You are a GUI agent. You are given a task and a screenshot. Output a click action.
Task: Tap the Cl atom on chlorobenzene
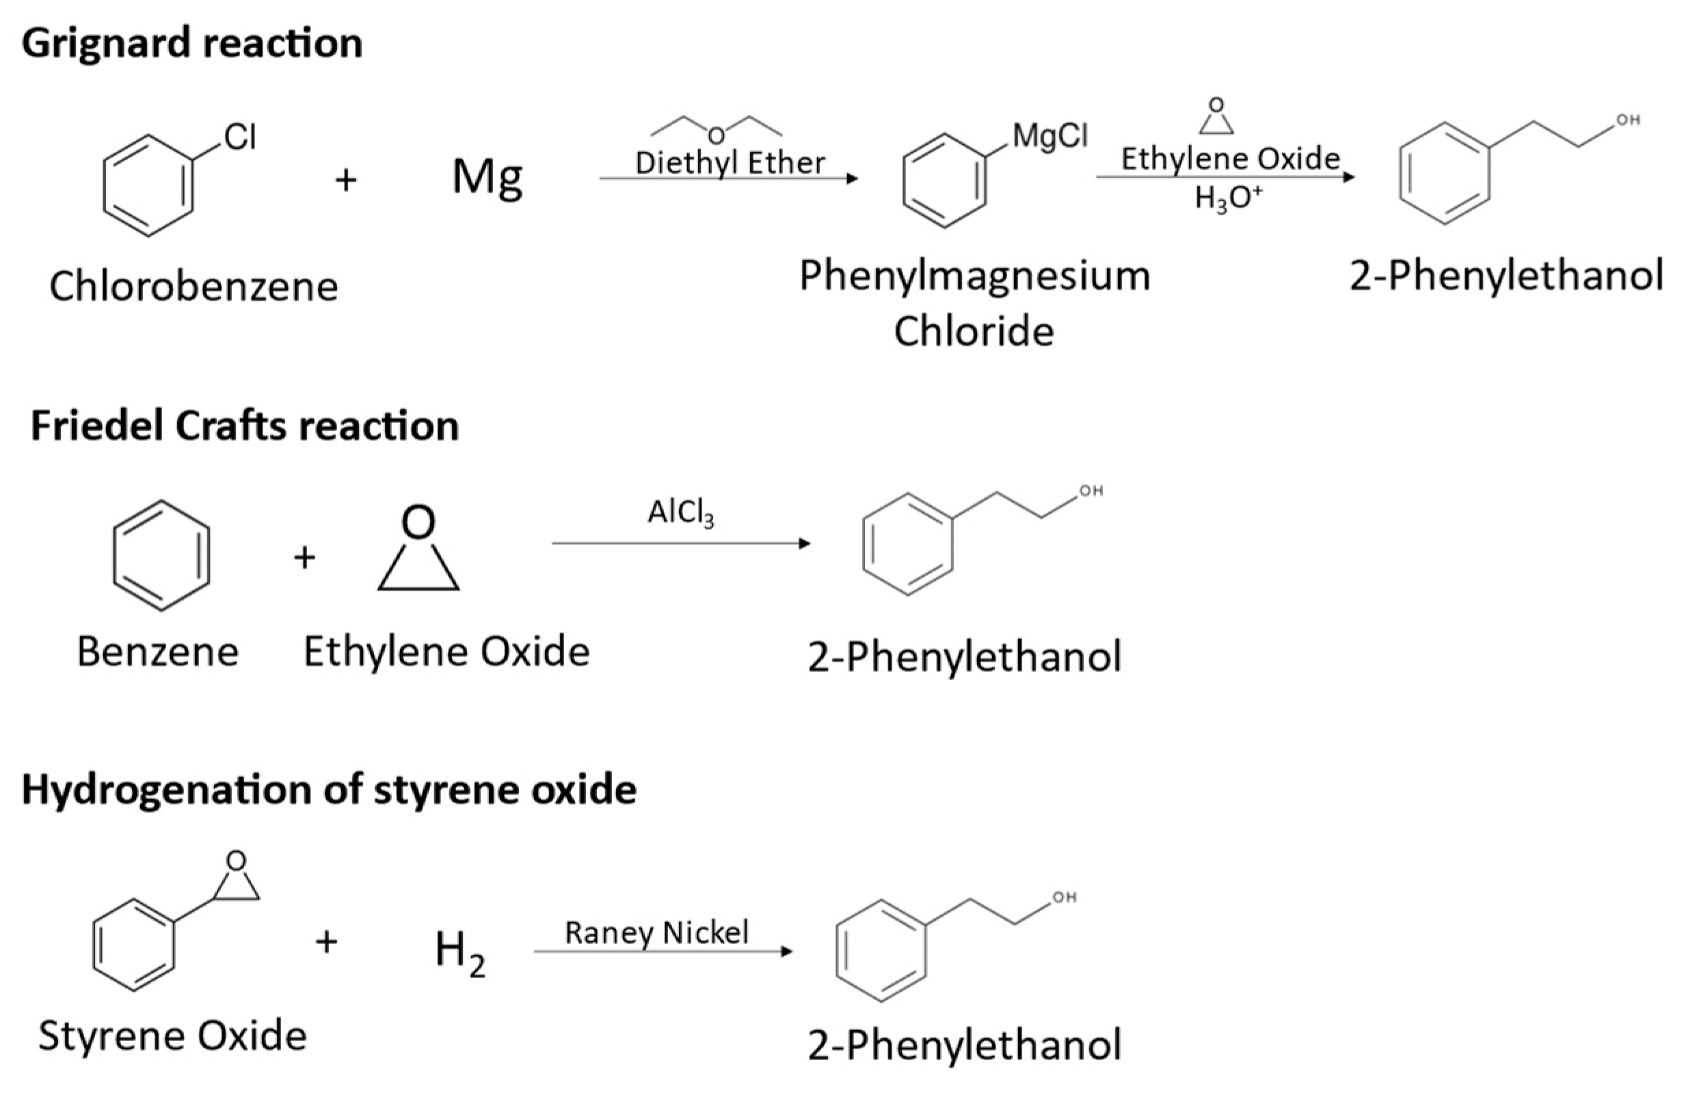tap(240, 137)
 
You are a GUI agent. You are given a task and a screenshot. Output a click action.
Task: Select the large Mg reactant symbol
tap(487, 177)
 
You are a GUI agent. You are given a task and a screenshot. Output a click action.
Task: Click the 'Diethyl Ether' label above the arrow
tap(730, 163)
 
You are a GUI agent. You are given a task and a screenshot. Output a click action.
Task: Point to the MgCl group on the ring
tap(1050, 135)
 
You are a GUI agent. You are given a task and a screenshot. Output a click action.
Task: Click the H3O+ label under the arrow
tap(1229, 198)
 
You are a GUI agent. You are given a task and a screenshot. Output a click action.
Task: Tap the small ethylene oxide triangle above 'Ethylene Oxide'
tap(1216, 118)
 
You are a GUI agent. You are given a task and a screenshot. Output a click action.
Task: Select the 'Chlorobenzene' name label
tap(193, 287)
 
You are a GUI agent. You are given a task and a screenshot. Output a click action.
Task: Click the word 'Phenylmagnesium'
tap(975, 276)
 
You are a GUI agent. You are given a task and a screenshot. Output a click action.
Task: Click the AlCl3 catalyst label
tap(681, 513)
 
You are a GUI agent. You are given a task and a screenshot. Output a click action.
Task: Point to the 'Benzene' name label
tap(157, 651)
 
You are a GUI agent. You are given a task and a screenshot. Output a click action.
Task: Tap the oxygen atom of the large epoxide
tap(418, 522)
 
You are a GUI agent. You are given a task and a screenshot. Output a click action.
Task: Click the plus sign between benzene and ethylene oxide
tap(305, 558)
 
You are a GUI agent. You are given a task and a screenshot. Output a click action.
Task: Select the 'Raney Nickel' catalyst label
tap(656, 932)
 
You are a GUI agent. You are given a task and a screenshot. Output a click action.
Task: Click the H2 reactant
tap(459, 952)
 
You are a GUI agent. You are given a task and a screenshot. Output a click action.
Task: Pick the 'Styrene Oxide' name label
tap(173, 1036)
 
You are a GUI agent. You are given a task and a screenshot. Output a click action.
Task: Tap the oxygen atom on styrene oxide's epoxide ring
tap(237, 860)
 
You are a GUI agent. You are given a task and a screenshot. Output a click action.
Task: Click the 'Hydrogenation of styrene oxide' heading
tap(330, 789)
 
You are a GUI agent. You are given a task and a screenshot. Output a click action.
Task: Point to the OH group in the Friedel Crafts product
tap(1091, 491)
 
